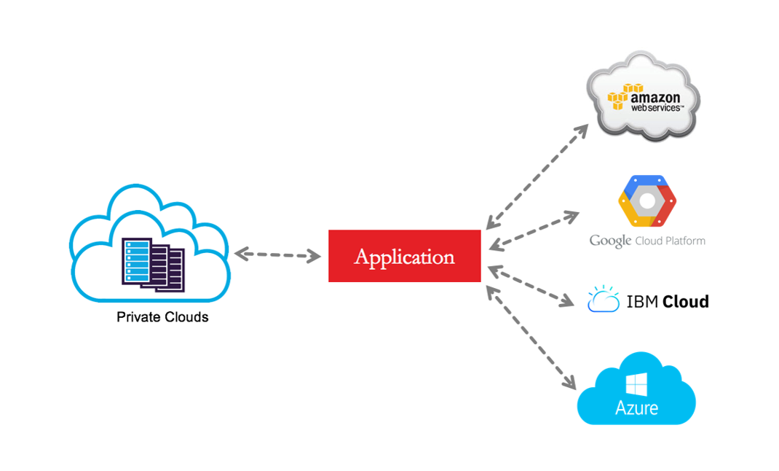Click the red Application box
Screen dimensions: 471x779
point(404,256)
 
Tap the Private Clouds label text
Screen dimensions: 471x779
point(162,317)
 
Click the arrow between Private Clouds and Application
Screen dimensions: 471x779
point(277,254)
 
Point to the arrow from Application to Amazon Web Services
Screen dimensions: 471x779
point(537,177)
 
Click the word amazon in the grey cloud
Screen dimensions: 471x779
point(655,97)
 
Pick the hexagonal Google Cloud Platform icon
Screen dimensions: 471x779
point(647,201)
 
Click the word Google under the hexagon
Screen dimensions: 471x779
point(610,241)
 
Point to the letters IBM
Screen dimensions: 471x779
point(641,301)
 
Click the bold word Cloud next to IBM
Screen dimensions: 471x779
point(685,301)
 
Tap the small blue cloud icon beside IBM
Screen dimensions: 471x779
point(604,300)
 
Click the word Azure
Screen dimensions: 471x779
point(636,408)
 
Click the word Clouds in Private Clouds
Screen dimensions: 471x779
point(186,317)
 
